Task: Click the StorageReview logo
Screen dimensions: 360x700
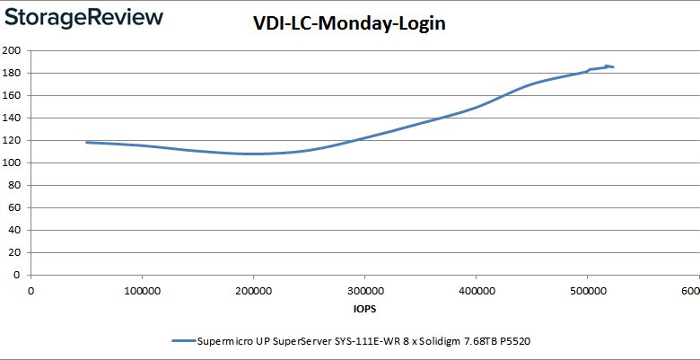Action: coord(82,17)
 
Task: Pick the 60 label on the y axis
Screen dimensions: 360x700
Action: coord(14,207)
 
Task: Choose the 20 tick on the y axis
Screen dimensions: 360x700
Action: coord(14,252)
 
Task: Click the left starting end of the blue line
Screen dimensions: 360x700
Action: coord(87,142)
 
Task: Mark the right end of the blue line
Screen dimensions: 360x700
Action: coord(613,67)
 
